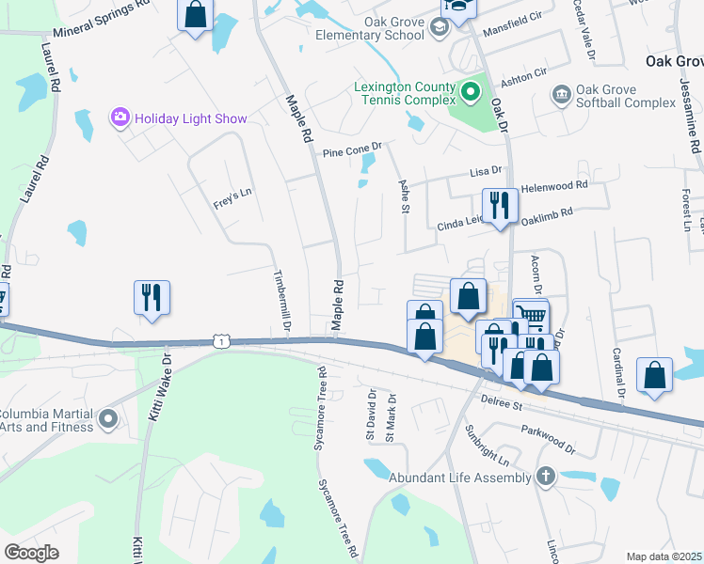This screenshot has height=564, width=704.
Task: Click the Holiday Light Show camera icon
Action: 120,118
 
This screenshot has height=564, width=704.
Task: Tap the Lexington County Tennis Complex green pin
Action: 471,93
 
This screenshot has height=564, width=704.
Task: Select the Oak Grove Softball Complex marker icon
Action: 562,95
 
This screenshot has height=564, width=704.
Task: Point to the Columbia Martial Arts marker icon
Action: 108,419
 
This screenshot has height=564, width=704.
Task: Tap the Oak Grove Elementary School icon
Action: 439,27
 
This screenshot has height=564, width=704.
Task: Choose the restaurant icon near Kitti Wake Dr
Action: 152,298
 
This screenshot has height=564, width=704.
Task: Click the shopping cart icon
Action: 531,318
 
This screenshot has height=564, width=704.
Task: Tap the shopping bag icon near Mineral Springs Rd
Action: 196,15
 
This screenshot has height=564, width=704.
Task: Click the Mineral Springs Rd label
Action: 102,18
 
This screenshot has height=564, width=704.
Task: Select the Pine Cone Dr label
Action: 352,148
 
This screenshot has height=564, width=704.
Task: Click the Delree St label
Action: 503,404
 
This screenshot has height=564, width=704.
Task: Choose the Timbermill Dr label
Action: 281,300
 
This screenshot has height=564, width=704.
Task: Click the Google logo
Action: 32,553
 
